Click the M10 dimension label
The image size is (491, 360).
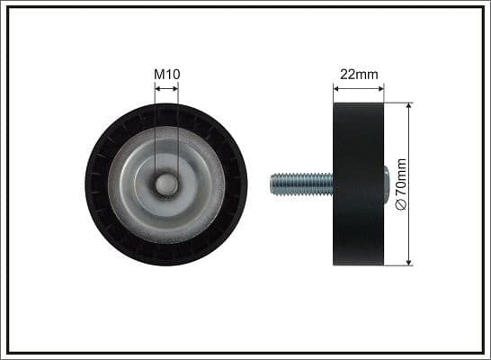tap(165, 73)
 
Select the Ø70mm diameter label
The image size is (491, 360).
tap(401, 184)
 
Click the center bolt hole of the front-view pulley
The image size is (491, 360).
tap(165, 184)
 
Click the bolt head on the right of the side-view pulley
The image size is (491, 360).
tap(387, 184)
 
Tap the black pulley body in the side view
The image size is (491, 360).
tap(358, 184)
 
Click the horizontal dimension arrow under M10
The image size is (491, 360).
tap(165, 88)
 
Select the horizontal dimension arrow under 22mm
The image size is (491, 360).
tap(358, 88)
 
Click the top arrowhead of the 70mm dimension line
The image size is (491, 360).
tap(409, 106)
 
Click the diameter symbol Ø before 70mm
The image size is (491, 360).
tap(401, 205)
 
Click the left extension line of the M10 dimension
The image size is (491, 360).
tap(155, 126)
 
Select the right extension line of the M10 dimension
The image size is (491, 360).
tap(177, 126)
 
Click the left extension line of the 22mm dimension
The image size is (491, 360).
tap(334, 94)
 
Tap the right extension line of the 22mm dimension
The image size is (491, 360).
tap(383, 94)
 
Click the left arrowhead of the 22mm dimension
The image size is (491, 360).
tap(337, 88)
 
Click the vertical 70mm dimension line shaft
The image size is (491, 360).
tap(409, 144)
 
